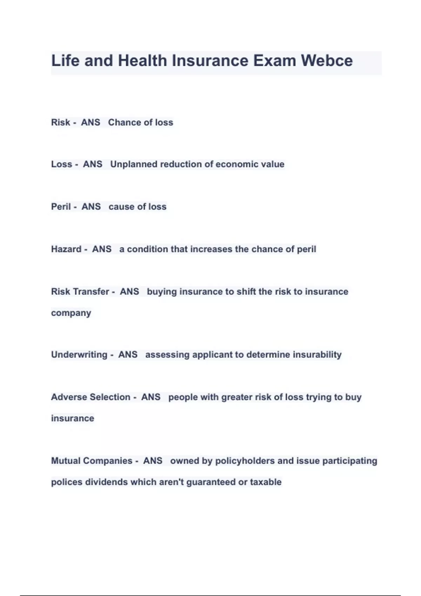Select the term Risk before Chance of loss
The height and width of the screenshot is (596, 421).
coord(60,122)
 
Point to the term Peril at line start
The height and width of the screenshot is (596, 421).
coord(61,207)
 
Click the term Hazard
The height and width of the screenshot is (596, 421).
coord(66,249)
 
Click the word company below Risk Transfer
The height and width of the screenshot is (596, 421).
coord(71,313)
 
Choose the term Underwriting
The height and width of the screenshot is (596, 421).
coord(79,355)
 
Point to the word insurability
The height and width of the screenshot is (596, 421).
coord(317,355)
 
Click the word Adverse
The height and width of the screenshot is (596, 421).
coord(68,397)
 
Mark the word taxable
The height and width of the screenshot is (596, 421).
coord(266,482)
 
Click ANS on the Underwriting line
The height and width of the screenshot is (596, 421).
coord(128,355)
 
